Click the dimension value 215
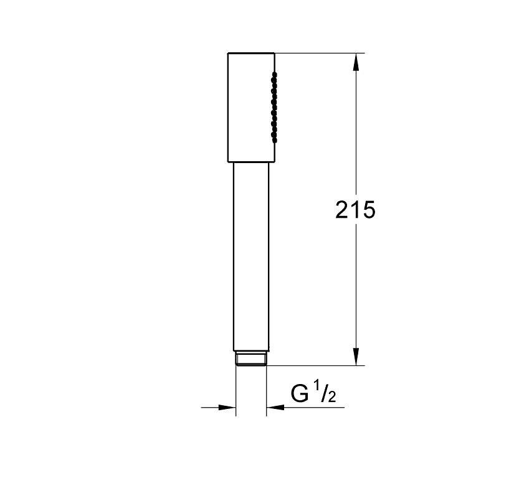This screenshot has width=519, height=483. click(355, 210)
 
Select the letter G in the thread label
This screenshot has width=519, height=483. click(300, 393)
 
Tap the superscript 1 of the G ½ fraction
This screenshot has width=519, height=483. click(317, 387)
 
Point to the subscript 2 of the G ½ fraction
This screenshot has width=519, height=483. click(331, 396)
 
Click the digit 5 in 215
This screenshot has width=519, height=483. click(369, 210)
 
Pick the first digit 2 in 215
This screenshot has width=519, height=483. click(342, 209)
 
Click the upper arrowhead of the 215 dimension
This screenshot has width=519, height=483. click(356, 62)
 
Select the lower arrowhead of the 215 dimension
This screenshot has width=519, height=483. click(356, 357)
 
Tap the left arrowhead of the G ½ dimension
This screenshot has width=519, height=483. click(227, 407)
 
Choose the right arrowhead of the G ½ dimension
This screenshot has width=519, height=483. click(275, 407)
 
